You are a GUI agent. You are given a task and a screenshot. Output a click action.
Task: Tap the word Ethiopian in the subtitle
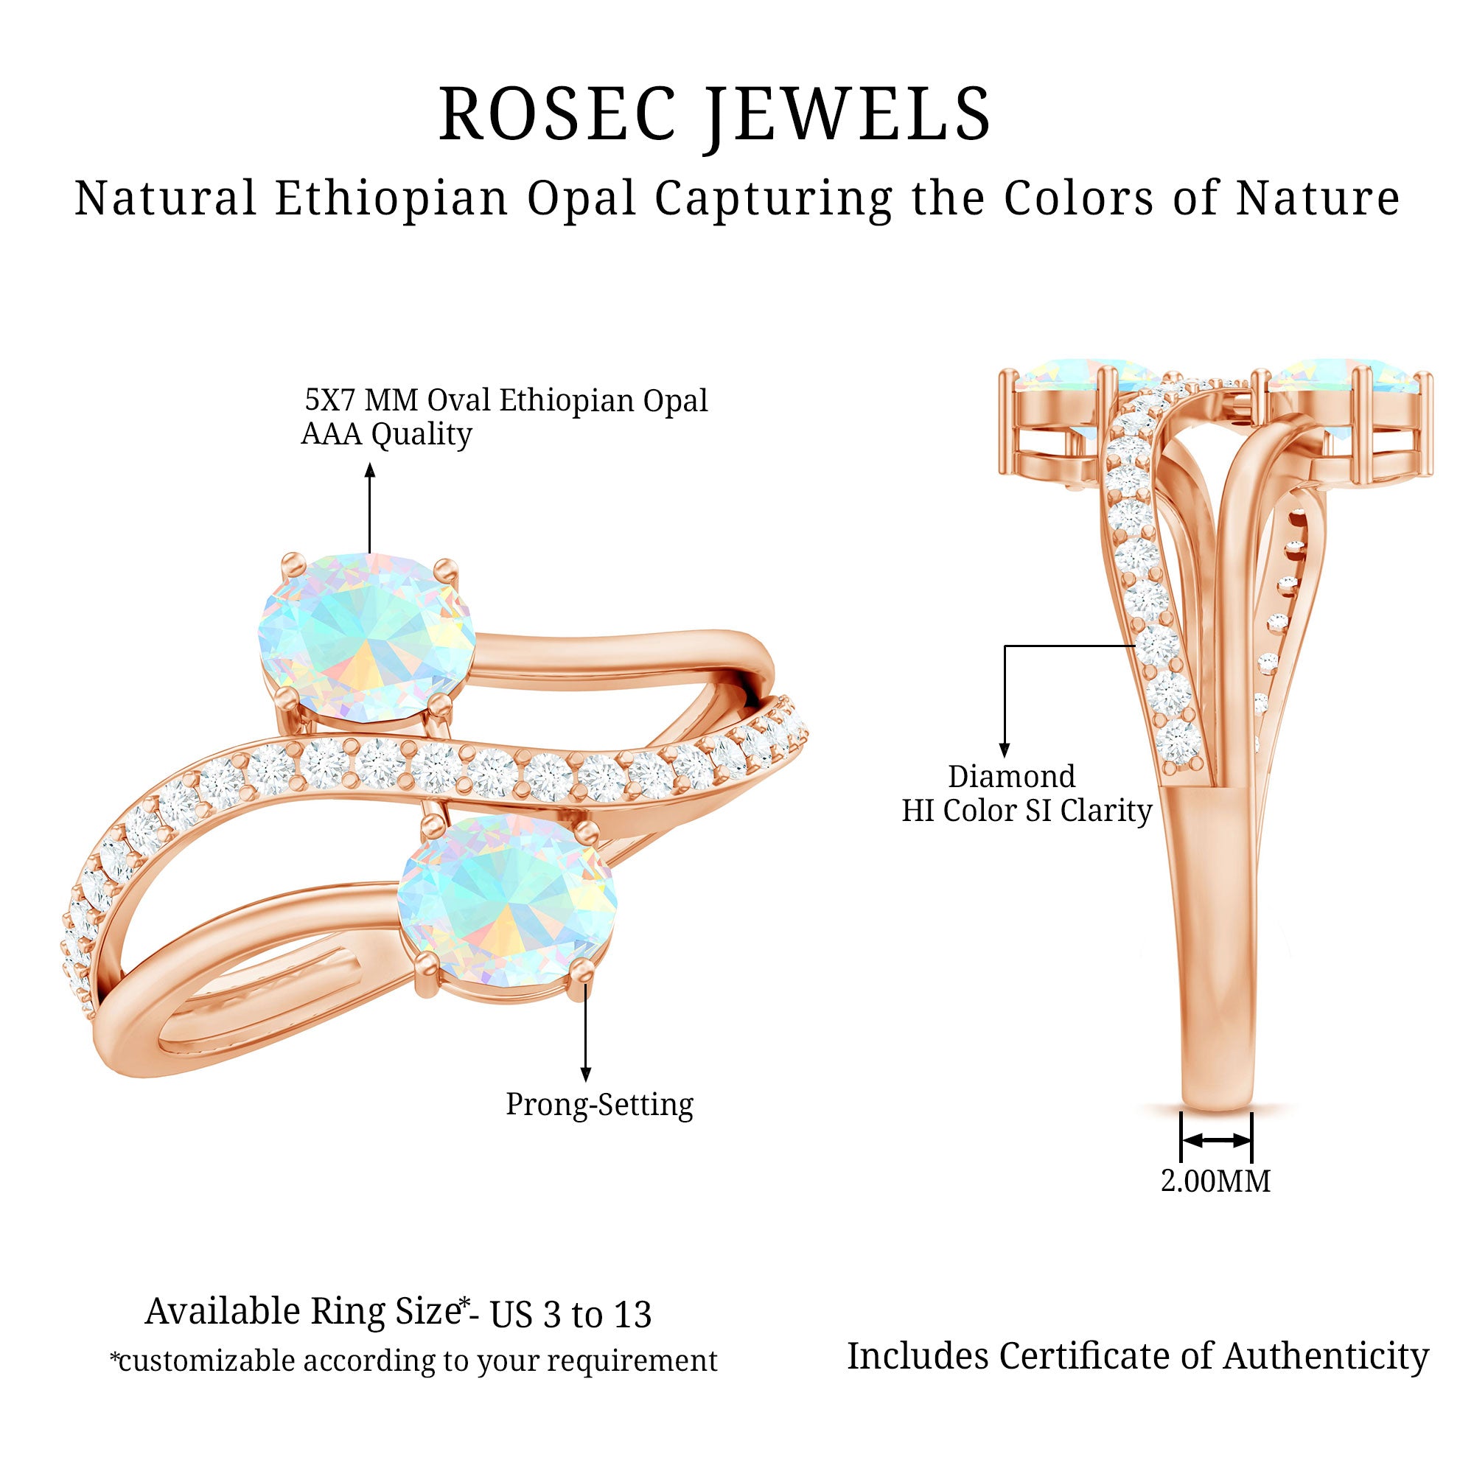tap(391, 198)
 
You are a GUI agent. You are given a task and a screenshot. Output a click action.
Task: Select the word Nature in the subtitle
tap(1318, 198)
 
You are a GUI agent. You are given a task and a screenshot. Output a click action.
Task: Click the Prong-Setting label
tap(600, 1104)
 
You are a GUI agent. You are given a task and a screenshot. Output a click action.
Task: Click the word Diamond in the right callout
tap(1012, 777)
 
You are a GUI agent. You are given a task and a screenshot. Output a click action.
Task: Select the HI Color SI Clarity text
tap(1026, 810)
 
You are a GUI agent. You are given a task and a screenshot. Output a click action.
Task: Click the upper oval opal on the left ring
tap(366, 637)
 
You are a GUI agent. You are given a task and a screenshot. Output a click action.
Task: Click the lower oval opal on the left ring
tap(507, 901)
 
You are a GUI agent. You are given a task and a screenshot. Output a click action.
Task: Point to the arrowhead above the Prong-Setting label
tap(586, 1075)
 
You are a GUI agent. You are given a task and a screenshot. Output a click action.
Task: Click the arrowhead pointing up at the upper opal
tap(370, 470)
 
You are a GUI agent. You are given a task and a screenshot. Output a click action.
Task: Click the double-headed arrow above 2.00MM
tap(1216, 1140)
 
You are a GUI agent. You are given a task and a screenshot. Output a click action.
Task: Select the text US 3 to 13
tap(570, 1314)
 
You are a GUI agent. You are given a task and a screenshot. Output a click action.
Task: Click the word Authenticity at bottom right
tap(1326, 1356)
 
